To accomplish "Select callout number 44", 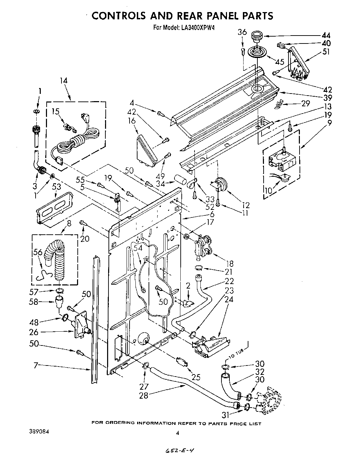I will point(326,35).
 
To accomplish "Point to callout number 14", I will point(64,81).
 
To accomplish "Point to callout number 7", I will point(36,365).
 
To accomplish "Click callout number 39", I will point(326,99).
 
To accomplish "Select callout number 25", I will point(196,377).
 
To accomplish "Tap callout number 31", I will point(226,415).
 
